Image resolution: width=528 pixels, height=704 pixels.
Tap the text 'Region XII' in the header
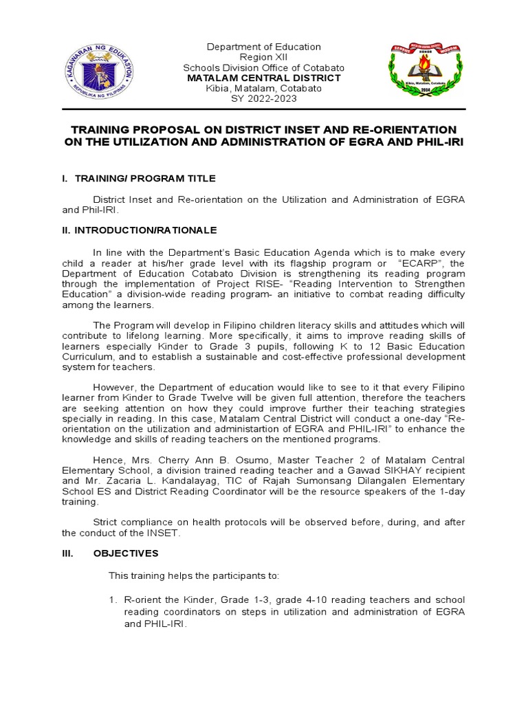click(265, 57)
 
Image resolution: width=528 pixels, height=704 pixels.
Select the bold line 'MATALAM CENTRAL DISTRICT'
click(265, 78)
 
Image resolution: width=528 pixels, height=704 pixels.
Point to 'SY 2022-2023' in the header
click(265, 99)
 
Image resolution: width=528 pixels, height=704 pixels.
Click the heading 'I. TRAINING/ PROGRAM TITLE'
click(138, 179)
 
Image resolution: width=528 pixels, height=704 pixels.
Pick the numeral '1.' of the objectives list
click(114, 601)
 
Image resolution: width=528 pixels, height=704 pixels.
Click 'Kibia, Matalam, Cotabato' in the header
click(265, 89)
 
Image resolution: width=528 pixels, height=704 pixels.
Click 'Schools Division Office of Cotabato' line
click(265, 68)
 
